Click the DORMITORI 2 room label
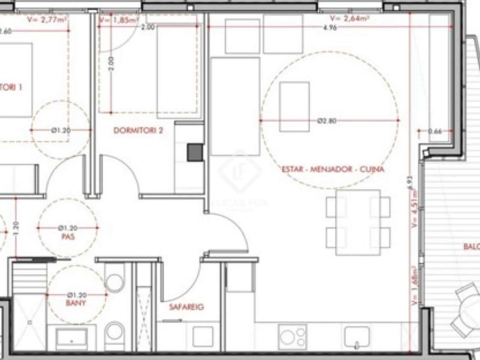point(138,130)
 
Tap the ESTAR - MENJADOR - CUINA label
point(333,169)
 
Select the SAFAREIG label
point(186,307)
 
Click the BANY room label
point(76,303)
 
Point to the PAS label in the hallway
point(68,237)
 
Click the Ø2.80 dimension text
point(327,121)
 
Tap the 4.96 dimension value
point(330,28)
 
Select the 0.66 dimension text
point(435,131)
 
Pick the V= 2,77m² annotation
point(47,20)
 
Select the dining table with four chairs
point(358,222)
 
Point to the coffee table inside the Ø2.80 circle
point(294,107)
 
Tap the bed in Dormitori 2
point(177,72)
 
